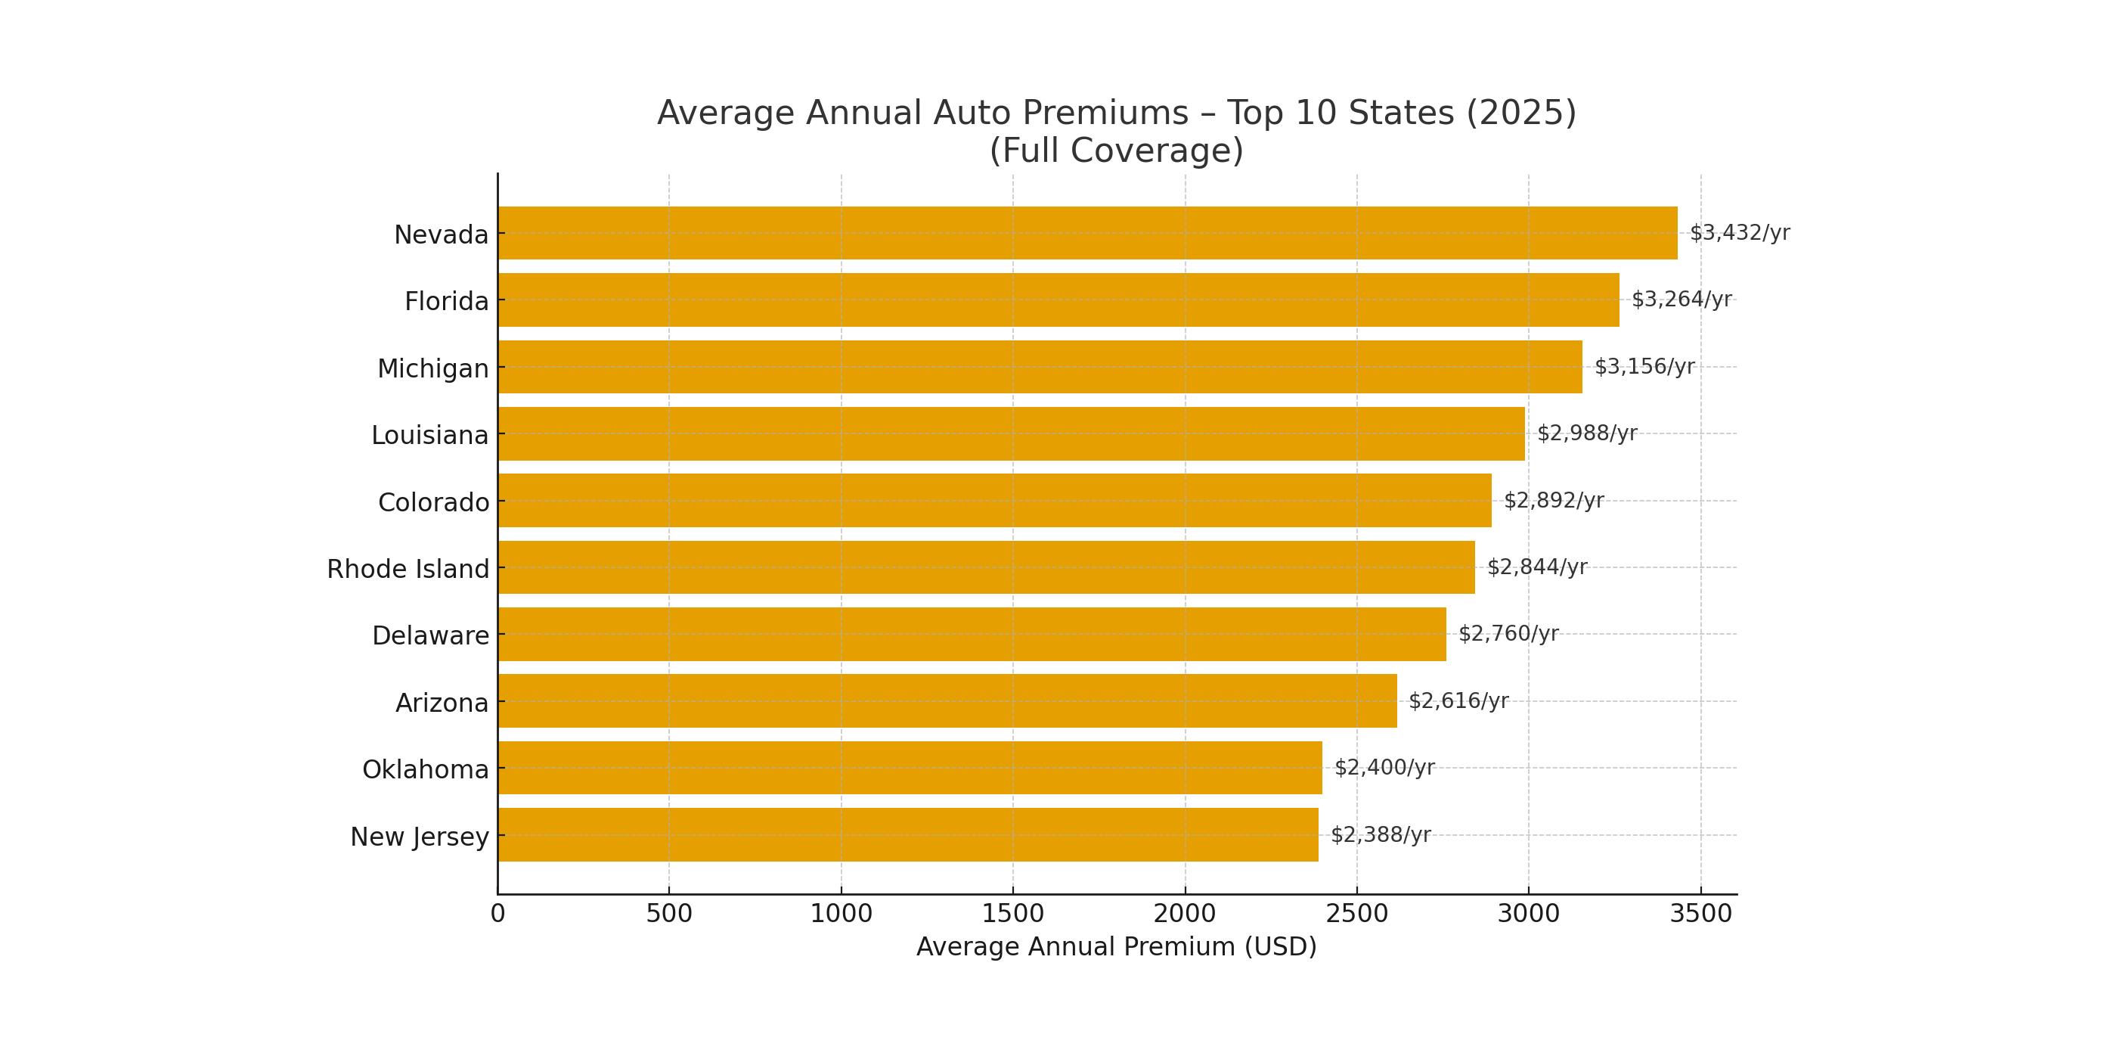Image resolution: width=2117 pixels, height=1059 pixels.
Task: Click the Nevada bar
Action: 1086,233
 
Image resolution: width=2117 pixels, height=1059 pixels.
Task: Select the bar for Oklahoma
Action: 909,767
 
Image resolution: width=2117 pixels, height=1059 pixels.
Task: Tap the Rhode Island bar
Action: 985,567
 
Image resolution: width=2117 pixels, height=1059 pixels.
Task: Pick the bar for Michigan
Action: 1039,367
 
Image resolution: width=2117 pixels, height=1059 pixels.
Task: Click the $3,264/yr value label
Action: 1681,300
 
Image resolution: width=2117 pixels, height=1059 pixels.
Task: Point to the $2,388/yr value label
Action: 1380,834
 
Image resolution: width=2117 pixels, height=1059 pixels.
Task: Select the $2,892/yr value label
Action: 1553,500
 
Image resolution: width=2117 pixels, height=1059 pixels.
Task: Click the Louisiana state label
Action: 429,435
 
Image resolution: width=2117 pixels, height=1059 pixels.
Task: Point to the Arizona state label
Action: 442,703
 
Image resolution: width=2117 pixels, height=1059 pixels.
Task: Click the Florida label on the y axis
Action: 446,302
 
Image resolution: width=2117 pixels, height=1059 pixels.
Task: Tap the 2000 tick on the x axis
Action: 1184,914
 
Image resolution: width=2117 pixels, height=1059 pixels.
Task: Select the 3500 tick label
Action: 1700,914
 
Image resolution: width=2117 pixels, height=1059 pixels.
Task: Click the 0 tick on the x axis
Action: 497,914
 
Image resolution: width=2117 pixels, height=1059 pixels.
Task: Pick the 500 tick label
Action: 668,914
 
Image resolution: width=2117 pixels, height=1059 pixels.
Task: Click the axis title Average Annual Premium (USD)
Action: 1116,946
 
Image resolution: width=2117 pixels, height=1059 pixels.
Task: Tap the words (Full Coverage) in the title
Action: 1116,151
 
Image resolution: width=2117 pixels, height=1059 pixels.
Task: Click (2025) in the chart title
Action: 1520,113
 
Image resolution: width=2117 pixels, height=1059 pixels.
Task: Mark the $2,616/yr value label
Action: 1458,700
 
